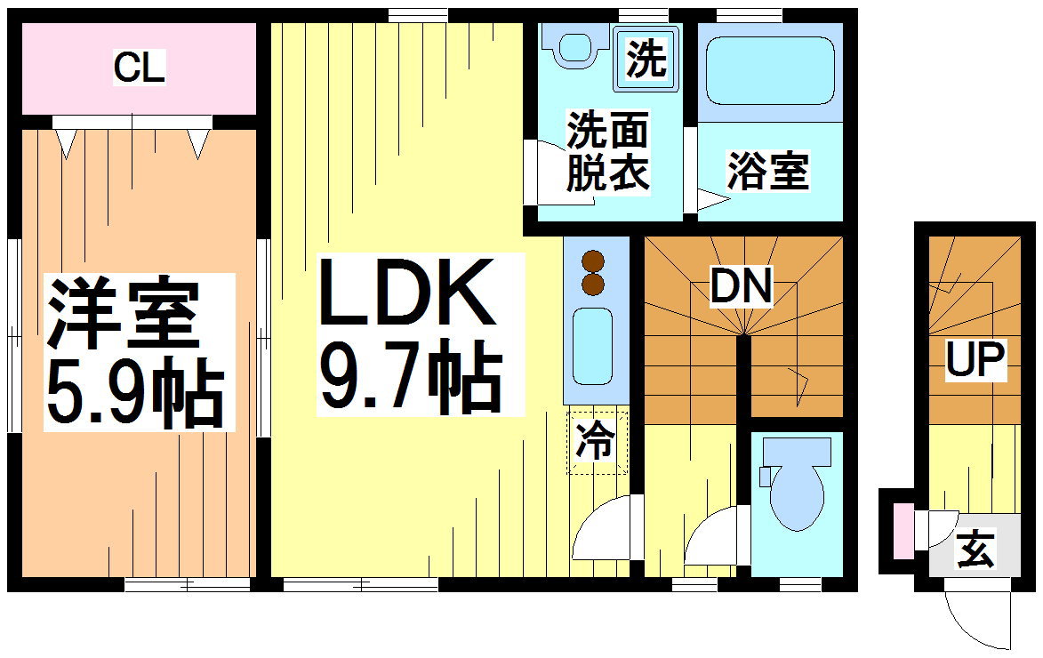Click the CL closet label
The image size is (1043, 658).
(140, 68)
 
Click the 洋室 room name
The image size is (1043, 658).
(123, 314)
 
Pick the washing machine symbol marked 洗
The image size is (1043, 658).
(646, 60)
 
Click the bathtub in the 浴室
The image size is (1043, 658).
(770, 71)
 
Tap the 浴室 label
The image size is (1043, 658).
(767, 171)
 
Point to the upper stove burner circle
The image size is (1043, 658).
(593, 261)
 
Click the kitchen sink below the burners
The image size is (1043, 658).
(592, 345)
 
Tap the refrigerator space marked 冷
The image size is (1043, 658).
(596, 442)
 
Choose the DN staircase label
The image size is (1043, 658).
(742, 287)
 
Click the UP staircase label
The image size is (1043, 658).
(975, 360)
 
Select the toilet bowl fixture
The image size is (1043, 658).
(796, 493)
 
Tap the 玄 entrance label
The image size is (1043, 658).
(975, 551)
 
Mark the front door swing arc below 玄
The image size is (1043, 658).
(978, 618)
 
